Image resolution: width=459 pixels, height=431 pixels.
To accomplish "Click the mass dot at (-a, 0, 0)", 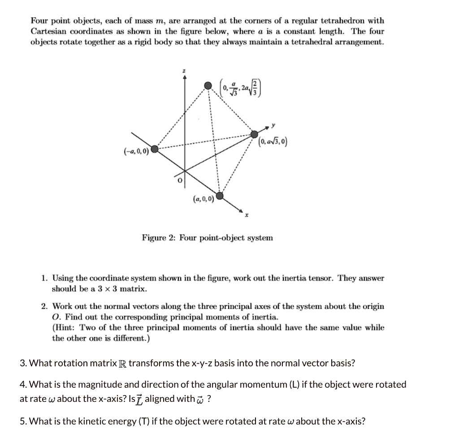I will point(155,149).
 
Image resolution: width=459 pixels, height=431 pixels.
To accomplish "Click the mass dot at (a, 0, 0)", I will point(219,196).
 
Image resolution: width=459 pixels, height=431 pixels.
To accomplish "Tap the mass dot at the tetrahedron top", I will point(208,85).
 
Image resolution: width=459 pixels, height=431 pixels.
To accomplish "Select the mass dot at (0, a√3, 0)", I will point(254,134).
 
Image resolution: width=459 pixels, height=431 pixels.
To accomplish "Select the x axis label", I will point(246,215).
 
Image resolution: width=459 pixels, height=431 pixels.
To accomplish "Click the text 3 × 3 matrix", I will point(121,289).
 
